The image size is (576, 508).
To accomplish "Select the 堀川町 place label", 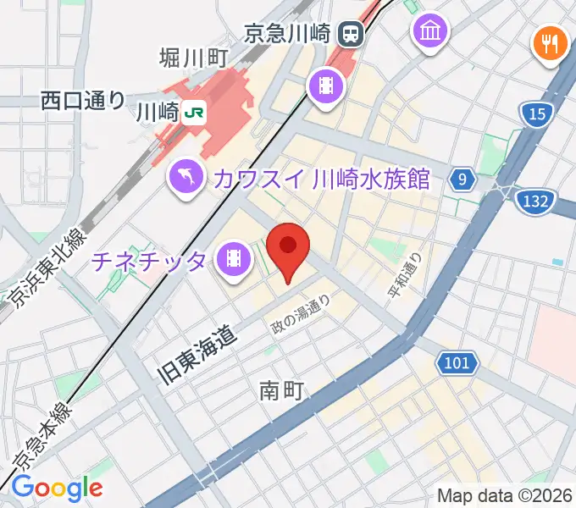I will tap(195, 58).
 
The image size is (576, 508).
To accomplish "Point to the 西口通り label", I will tap(82, 101).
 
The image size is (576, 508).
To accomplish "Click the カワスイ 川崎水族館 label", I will tap(322, 179).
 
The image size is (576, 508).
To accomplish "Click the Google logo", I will tap(57, 488).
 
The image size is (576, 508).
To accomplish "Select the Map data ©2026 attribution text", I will tap(505, 495).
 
